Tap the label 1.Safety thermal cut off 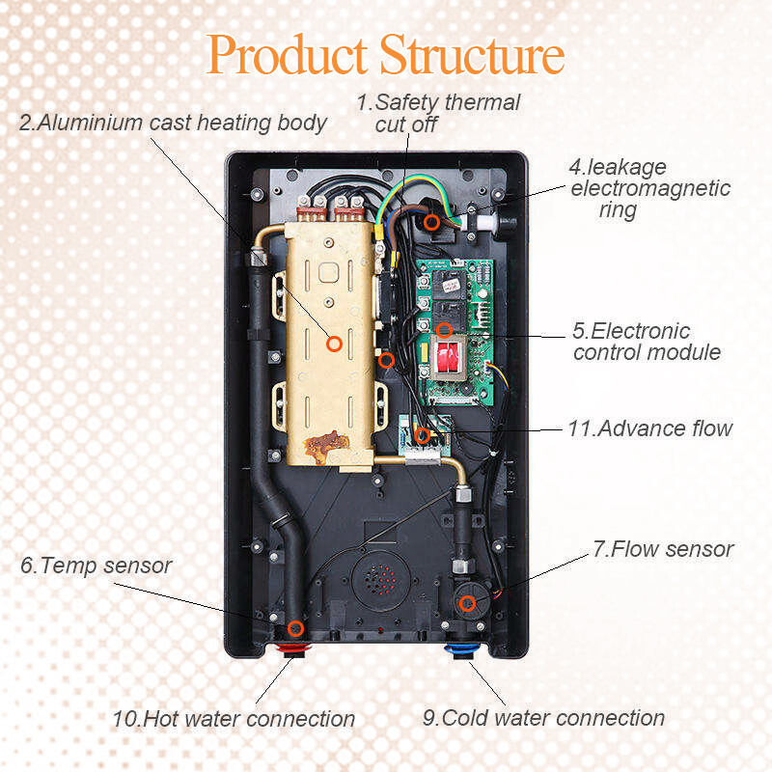pyautogui.click(x=439, y=113)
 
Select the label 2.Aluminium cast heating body pyautogui.click(x=173, y=123)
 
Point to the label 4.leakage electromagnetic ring pyautogui.click(x=649, y=188)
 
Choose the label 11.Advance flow pyautogui.click(x=650, y=427)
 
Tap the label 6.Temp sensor pyautogui.click(x=96, y=565)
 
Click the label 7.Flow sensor pyautogui.click(x=663, y=549)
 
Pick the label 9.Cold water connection pyautogui.click(x=543, y=718)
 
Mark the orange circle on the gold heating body pyautogui.click(x=334, y=343)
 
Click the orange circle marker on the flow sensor pyautogui.click(x=467, y=604)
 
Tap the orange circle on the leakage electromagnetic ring pyautogui.click(x=432, y=222)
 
